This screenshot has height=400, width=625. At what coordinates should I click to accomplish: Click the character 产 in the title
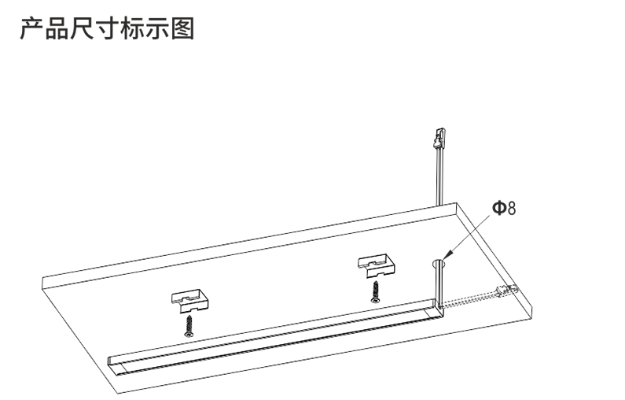pos(32,28)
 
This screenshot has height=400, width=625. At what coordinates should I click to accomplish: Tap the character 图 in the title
pos(183,28)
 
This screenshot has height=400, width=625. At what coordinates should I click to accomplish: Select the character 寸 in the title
pos(107,28)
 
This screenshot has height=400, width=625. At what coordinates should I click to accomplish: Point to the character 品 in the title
pos(57,28)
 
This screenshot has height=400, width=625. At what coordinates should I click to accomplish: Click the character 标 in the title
pos(132,28)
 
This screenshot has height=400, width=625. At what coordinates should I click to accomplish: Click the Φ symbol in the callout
pos(499,208)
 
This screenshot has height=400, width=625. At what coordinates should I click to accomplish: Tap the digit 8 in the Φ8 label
pos(512,209)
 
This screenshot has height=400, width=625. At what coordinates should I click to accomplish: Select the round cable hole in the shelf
pos(439,263)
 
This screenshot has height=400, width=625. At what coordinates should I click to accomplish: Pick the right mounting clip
pos(377,265)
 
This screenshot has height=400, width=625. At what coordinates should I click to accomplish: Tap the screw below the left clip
pos(189,325)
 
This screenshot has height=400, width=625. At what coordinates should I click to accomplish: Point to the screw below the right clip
pos(375,292)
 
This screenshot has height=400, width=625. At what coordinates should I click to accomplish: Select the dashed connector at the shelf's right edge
pos(506,291)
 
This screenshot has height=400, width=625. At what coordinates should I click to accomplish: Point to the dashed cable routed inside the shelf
pos(469,300)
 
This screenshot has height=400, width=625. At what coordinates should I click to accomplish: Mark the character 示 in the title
pos(157,28)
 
